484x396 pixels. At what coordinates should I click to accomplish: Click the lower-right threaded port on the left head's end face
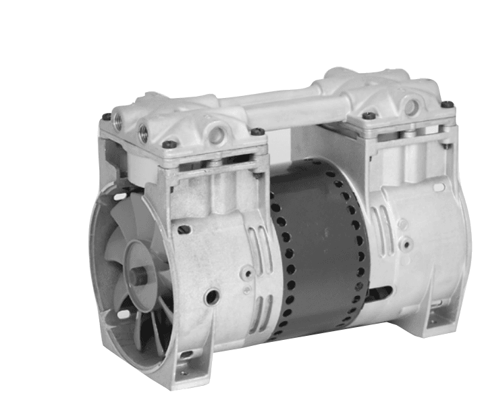[x=144, y=133]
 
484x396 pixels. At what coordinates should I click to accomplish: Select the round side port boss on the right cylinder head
[x=411, y=105]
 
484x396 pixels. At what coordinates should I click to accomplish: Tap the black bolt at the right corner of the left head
[x=257, y=131]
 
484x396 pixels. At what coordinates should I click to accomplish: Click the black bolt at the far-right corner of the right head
[x=446, y=105]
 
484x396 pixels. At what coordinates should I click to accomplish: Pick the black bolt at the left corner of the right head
[x=368, y=116]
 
